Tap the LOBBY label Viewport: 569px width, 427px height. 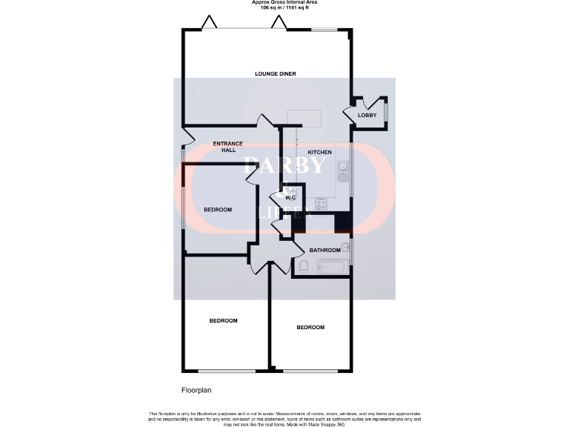coord(367,116)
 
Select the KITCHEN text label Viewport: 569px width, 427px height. coord(319,152)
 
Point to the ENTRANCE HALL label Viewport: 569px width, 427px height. coord(228,147)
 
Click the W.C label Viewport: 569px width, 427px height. coord(291,197)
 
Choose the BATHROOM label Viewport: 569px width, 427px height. coord(325,251)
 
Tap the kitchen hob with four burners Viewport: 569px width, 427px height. coord(322,204)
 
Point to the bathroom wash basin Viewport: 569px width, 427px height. coord(346,247)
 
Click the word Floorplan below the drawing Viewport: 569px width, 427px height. coord(197,388)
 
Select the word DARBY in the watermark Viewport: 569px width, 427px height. coord(285,165)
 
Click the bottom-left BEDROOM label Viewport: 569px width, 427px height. coord(223,320)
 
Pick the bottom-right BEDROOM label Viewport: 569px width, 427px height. coord(310,327)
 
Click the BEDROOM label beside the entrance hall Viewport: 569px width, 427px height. coord(218,210)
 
